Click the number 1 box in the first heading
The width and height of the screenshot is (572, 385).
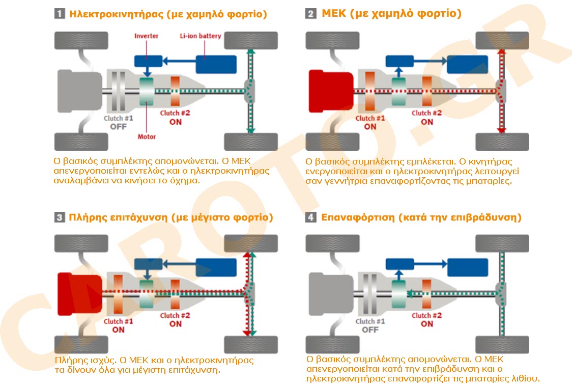[x=59, y=14]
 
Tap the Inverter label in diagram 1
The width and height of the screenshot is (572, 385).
[x=146, y=36]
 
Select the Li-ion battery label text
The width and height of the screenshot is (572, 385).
[x=200, y=36]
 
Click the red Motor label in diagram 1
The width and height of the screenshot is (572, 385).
[x=147, y=136]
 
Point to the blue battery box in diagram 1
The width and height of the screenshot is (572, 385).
[x=216, y=64]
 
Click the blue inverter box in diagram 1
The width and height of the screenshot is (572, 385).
[x=147, y=61]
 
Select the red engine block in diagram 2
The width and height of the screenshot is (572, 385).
[x=331, y=91]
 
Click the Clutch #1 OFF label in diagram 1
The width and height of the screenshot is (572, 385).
[x=118, y=123]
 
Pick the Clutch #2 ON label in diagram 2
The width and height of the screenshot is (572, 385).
[x=426, y=118]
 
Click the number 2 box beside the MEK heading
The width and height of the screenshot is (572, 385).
[x=311, y=14]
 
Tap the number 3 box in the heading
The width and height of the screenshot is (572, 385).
[x=59, y=218]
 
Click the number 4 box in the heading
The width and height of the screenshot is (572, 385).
[x=310, y=218]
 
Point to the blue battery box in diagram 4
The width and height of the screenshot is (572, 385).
[x=468, y=267]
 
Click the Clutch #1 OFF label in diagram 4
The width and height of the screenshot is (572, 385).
[x=370, y=325]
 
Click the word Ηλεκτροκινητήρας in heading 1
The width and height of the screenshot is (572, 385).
[x=117, y=14]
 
